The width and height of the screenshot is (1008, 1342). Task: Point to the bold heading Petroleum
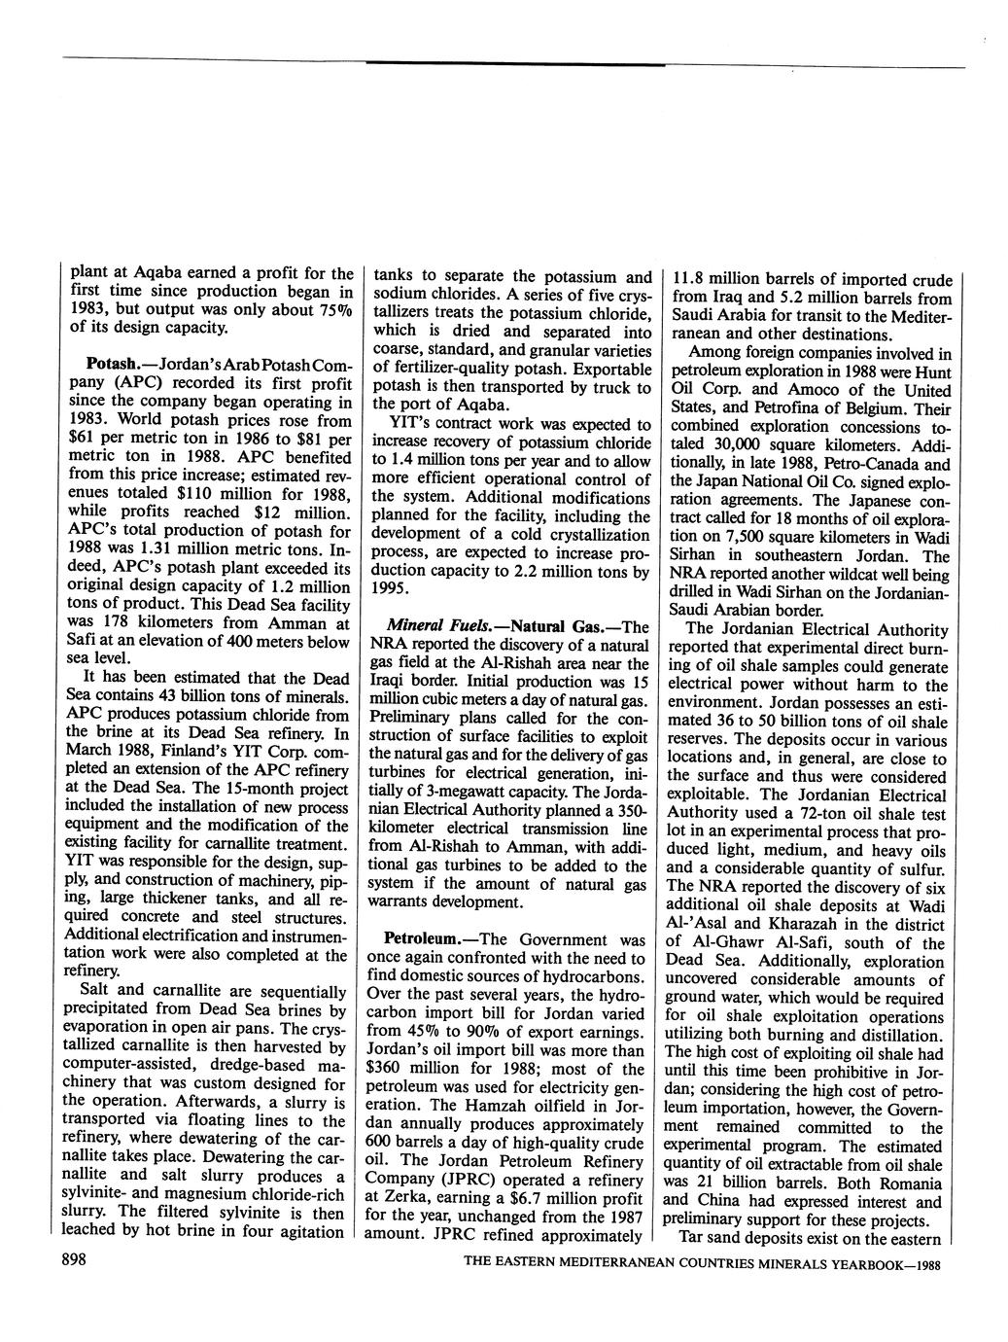point(422,939)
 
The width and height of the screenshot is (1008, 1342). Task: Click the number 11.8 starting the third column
point(692,280)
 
